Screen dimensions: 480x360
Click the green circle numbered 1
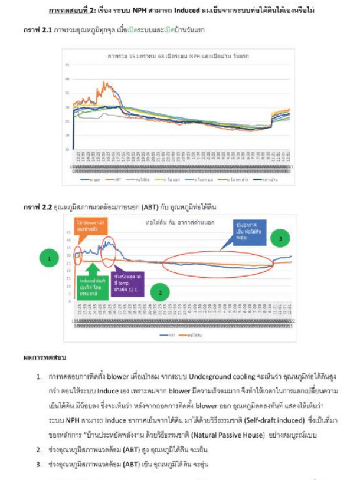tap(50, 258)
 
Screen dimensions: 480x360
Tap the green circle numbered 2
tap(161, 291)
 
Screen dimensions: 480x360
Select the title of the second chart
tap(181, 223)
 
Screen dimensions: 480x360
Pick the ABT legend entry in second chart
tap(171, 334)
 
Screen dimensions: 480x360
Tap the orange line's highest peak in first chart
tap(105, 83)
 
